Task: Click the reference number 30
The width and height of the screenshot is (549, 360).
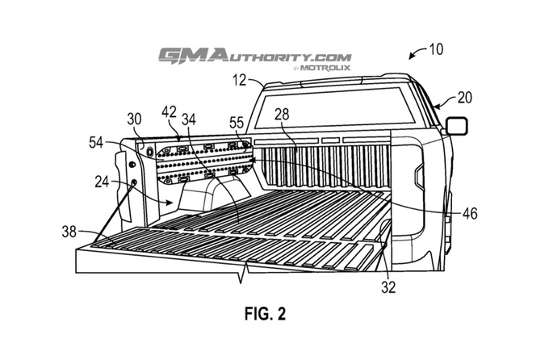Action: click(x=133, y=117)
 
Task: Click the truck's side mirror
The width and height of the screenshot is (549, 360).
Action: click(x=456, y=126)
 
